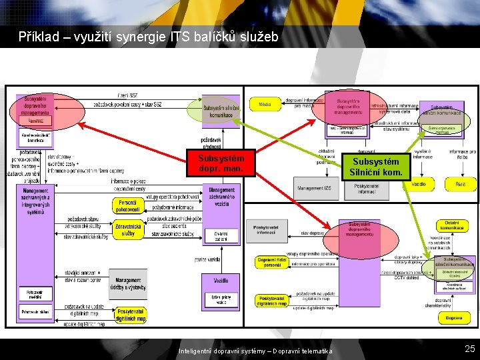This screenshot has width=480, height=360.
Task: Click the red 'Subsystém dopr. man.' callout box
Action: click(x=221, y=163)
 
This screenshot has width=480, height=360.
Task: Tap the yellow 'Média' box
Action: click(x=265, y=104)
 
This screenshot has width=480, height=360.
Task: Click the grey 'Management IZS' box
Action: click(x=314, y=188)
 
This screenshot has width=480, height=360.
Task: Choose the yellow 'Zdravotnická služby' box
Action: click(x=128, y=229)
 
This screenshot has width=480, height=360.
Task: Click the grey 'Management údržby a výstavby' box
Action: click(x=128, y=284)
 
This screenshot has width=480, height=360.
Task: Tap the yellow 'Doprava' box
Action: click(x=454, y=318)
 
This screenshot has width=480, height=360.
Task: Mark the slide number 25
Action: click(x=469, y=349)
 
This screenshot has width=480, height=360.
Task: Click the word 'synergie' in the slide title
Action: click(x=153, y=37)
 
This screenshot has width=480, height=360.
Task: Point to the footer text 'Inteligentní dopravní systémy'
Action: click(x=221, y=351)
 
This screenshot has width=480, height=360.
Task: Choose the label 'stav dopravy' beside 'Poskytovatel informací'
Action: click(x=313, y=233)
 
